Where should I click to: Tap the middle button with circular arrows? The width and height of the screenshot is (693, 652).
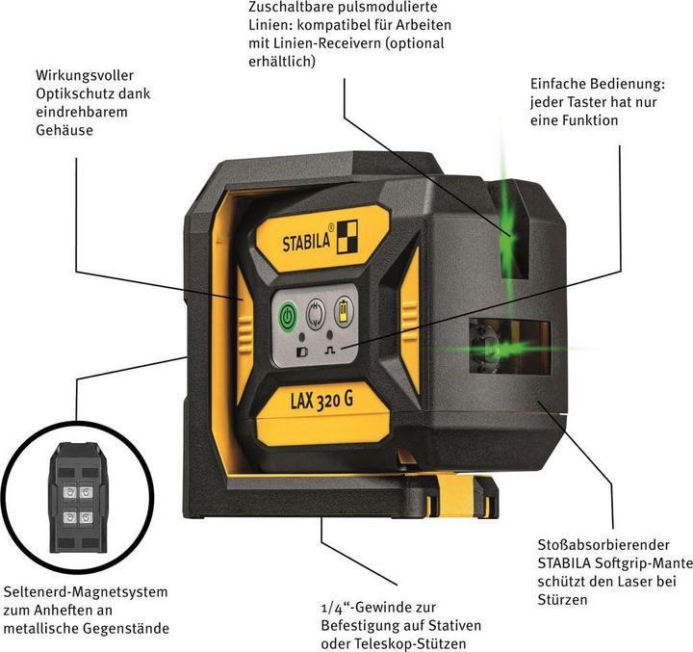coord(315,313)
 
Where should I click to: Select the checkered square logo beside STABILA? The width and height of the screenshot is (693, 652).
coord(347,235)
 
